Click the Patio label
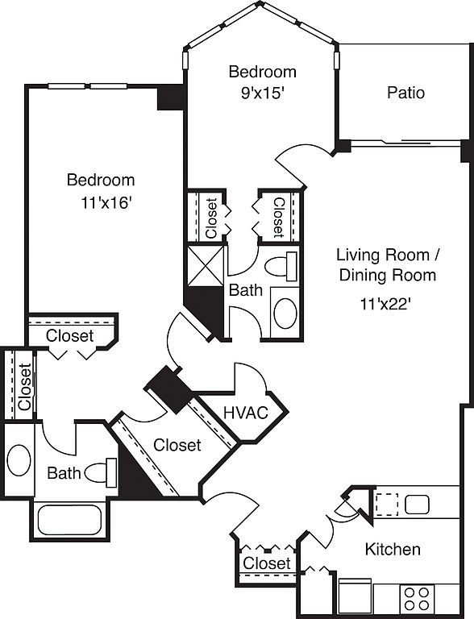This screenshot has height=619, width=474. (405, 93)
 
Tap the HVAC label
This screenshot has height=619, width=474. (246, 413)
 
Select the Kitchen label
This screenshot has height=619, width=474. (393, 549)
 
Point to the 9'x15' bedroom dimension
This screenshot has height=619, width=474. (263, 93)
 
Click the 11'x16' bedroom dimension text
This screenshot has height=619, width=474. (106, 203)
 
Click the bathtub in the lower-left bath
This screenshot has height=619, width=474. (69, 520)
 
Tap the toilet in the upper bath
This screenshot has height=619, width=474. (281, 267)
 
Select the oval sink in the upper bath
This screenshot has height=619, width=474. (285, 314)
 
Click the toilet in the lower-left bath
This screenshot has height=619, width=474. (101, 472)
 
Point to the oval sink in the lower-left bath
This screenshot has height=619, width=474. (19, 460)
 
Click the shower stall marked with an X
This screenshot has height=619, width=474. (206, 266)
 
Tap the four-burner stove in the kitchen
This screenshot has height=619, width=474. (417, 599)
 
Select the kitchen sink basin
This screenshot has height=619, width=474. (417, 505)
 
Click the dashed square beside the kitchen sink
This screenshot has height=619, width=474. (387, 505)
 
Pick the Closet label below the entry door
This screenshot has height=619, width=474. (267, 563)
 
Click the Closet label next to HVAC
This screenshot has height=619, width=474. (177, 445)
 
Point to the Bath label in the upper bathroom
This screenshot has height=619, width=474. (246, 290)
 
